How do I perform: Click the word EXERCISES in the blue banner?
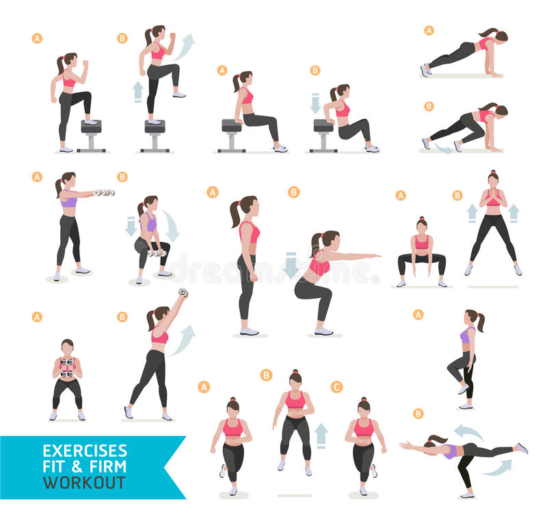pyautogui.click(x=85, y=451)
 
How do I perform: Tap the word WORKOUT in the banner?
pyautogui.click(x=84, y=483)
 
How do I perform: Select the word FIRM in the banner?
pyautogui.click(x=108, y=467)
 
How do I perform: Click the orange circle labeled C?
pyautogui.click(x=336, y=387)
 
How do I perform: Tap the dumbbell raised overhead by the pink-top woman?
pyautogui.click(x=183, y=293)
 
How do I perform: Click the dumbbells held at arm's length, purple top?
pyautogui.click(x=105, y=193)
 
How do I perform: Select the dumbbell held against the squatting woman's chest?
pyautogui.click(x=67, y=368)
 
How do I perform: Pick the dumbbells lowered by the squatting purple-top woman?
pyautogui.click(x=156, y=254)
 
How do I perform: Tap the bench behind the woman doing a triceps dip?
pyautogui.click(x=323, y=133)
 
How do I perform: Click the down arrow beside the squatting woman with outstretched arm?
pyautogui.click(x=291, y=265)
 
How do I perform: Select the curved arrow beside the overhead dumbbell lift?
pyautogui.click(x=183, y=339)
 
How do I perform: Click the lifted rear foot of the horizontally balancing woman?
pyautogui.click(x=522, y=448)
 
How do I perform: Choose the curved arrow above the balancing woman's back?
pyautogui.click(x=468, y=432)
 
